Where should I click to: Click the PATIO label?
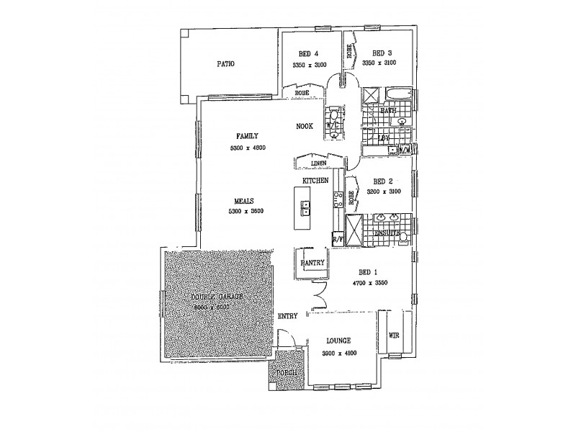[226, 64]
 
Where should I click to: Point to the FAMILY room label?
[247, 135]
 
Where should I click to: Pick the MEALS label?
[242, 202]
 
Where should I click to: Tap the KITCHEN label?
[315, 179]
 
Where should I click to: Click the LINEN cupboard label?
[310, 163]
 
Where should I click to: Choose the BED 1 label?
[367, 272]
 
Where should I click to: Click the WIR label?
[393, 336]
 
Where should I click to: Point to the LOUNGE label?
[338, 341]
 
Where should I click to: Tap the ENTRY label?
[289, 316]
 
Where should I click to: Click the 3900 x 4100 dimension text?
[338, 352]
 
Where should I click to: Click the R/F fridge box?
[337, 238]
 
